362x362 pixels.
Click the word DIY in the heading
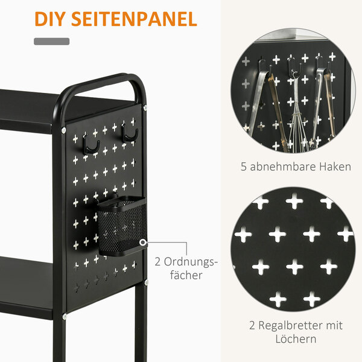pyautogui.click(x=48, y=19)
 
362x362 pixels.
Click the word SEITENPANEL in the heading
pyautogui.click(x=134, y=19)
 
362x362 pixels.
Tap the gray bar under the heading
pyautogui.click(x=52, y=41)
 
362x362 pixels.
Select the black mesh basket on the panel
pyautogui.click(x=122, y=226)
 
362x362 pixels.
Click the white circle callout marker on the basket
pyautogui.click(x=143, y=243)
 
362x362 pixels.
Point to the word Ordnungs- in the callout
pyautogui.click(x=191, y=262)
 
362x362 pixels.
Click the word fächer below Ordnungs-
pyautogui.click(x=186, y=275)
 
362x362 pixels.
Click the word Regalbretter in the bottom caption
pyautogui.click(x=290, y=326)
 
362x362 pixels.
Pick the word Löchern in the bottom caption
pyautogui.click(x=296, y=339)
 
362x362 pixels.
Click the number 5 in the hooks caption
pyautogui.click(x=244, y=167)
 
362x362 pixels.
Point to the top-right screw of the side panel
pyautogui.click(x=145, y=107)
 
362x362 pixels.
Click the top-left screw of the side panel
pyautogui.click(x=64, y=130)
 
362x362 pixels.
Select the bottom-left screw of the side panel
pyautogui.click(x=65, y=316)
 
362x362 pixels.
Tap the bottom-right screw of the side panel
pyautogui.click(x=146, y=282)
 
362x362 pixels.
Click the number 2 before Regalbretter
pyautogui.click(x=252, y=326)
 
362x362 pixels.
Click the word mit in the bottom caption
pyautogui.click(x=334, y=326)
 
